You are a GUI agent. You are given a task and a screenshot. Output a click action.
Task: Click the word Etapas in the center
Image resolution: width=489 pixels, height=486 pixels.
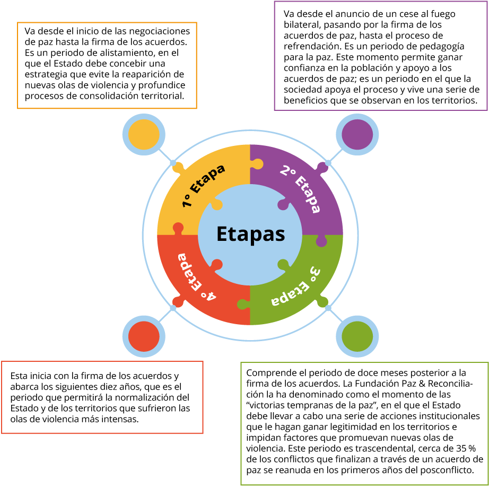(250, 234)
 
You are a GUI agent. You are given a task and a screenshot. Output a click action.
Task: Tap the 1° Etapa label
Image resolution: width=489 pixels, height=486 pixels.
(203, 185)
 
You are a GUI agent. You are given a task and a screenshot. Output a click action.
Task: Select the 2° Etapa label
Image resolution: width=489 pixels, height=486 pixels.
(301, 189)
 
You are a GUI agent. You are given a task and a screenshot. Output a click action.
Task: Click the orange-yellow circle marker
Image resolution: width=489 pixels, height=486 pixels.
(144, 135)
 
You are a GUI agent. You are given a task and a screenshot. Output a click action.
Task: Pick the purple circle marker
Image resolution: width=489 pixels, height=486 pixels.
(357, 135)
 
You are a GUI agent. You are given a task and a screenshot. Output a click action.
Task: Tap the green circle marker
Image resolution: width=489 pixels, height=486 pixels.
(357, 336)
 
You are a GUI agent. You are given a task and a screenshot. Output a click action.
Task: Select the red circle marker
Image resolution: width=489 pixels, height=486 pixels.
(144, 336)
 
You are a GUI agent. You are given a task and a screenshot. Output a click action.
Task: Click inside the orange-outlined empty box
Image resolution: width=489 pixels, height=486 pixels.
(107, 65)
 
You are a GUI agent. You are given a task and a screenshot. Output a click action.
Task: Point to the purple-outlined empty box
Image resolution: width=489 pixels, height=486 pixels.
(380, 56)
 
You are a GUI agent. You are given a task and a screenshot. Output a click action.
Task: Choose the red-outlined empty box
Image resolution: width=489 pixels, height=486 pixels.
(102, 397)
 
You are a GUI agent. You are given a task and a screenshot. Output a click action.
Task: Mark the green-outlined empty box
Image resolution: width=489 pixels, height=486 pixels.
(364, 423)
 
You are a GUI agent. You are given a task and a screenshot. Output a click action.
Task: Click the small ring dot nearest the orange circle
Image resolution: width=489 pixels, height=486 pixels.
(173, 163)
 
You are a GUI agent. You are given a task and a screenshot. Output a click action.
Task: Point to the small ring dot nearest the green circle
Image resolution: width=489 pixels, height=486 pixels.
(328, 308)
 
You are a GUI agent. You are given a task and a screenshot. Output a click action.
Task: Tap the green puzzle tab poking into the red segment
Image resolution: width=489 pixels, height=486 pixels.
(242, 304)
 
